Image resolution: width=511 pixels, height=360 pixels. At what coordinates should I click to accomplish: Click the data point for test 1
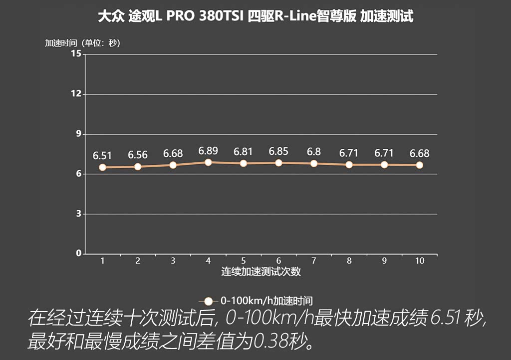102,167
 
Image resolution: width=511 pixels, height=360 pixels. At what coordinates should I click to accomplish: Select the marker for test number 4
208,162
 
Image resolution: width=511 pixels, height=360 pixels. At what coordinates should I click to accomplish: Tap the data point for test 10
419,165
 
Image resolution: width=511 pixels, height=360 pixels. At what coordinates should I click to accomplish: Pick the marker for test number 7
314,163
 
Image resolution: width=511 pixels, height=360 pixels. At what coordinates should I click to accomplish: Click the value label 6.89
208,150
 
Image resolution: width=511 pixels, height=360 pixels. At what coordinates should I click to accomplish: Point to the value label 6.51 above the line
103,155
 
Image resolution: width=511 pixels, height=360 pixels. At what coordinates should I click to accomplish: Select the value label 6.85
278,151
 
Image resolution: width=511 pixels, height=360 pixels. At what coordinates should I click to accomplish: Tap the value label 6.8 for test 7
314,152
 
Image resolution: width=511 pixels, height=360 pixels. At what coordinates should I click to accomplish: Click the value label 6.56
138,155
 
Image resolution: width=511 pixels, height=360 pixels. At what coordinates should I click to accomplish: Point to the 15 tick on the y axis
76,54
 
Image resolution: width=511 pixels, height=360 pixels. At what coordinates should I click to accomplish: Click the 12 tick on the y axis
76,94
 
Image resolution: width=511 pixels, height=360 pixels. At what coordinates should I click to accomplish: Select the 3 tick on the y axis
78,214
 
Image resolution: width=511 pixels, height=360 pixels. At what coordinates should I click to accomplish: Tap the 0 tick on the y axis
78,254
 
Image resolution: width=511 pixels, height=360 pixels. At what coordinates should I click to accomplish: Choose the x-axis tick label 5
243,261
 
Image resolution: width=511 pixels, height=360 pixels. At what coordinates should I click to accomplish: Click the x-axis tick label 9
384,261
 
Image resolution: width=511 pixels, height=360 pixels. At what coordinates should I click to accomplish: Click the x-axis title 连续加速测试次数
261,272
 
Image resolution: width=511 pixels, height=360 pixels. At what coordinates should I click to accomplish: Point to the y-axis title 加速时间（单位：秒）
83,43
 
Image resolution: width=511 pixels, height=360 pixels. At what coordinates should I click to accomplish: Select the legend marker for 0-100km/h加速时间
209,301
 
